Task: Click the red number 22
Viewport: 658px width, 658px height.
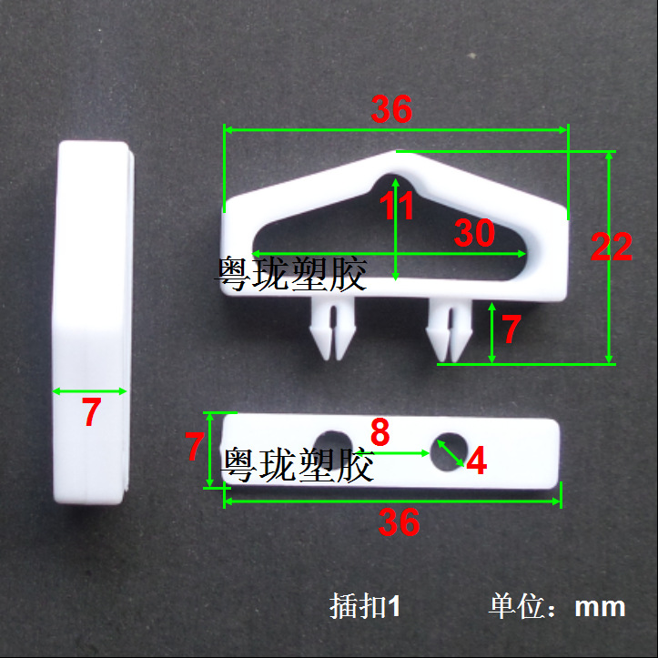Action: pyautogui.click(x=611, y=247)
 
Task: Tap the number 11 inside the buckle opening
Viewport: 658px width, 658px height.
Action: pyautogui.click(x=397, y=207)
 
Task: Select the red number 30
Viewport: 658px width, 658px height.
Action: pyautogui.click(x=474, y=234)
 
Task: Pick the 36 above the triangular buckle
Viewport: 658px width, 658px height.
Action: pyautogui.click(x=391, y=110)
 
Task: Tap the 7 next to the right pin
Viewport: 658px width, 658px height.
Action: pyautogui.click(x=511, y=329)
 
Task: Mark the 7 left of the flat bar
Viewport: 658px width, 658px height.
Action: pyautogui.click(x=194, y=447)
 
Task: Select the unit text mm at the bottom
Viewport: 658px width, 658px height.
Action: pyautogui.click(x=600, y=607)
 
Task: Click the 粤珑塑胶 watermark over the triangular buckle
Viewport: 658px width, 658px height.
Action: pyautogui.click(x=291, y=273)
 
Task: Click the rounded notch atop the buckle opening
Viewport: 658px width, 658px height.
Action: pyautogui.click(x=397, y=182)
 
